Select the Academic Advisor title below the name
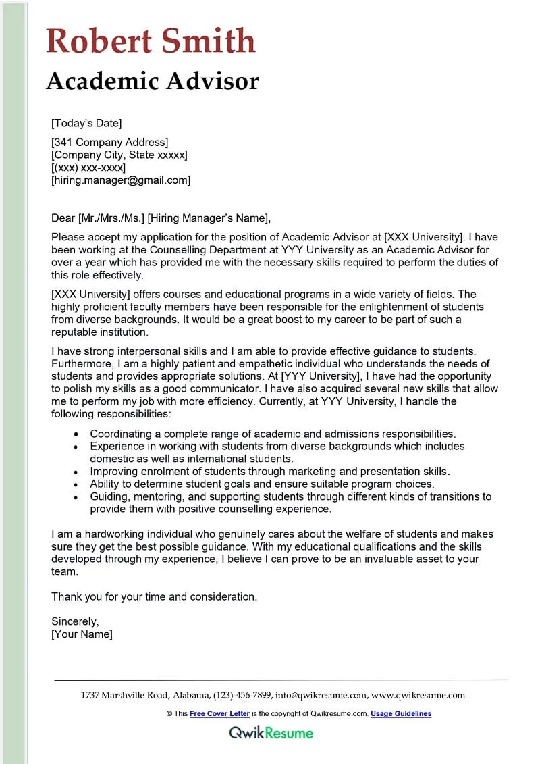(153, 81)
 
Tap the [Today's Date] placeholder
(86, 123)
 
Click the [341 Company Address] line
(109, 142)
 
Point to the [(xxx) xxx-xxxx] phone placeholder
(88, 168)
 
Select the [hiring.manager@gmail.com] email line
(121, 180)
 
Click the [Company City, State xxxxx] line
(119, 155)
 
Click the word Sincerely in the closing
(75, 621)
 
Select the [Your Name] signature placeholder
(82, 634)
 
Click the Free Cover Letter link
(219, 713)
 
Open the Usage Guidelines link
(401, 713)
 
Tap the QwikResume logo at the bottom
(271, 732)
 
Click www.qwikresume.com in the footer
(418, 695)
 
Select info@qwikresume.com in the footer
(321, 695)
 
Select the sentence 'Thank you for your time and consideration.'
(155, 596)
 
